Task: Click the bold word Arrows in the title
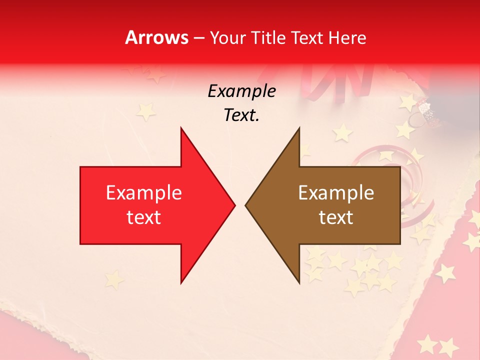[156, 37]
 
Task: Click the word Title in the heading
[268, 37]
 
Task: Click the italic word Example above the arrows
[241, 91]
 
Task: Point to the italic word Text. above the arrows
[241, 115]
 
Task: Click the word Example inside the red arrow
[143, 193]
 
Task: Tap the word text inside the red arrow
[143, 217]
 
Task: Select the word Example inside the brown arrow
[336, 193]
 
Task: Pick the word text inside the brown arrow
[336, 217]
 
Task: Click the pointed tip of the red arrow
[235, 205]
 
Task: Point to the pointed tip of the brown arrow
[245, 205]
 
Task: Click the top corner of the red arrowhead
[181, 127]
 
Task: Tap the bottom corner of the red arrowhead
[181, 283]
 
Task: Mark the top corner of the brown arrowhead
[299, 127]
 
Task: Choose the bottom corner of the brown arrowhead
[299, 283]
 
